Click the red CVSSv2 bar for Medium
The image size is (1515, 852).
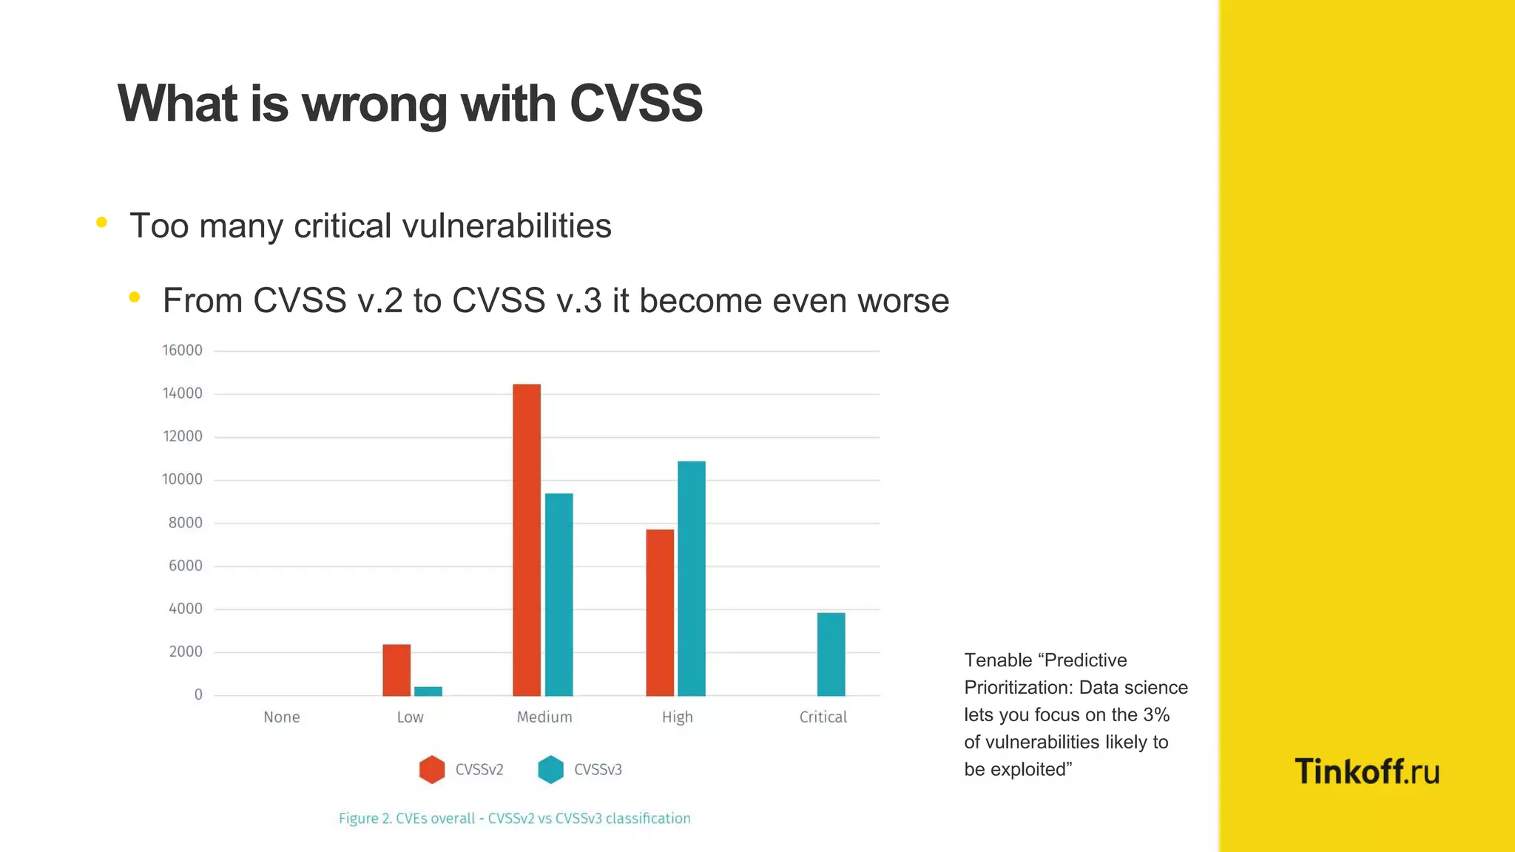tap(527, 540)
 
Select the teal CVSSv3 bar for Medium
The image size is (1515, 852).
tap(559, 595)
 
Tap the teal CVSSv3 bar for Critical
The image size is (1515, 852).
tap(831, 655)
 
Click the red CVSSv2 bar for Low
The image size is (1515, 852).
tap(397, 670)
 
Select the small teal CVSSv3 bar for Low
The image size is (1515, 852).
tap(428, 692)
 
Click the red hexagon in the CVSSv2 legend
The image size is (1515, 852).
tap(432, 769)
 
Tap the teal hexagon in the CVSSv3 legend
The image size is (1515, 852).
tap(550, 769)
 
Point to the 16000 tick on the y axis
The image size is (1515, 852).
tap(182, 351)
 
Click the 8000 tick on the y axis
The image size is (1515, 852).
tap(185, 523)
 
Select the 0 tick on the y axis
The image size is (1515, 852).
tap(198, 695)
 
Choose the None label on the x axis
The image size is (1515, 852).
tap(282, 717)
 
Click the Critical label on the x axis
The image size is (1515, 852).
tap(823, 717)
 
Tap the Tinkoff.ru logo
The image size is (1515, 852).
tap(1367, 771)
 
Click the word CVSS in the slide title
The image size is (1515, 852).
tap(635, 104)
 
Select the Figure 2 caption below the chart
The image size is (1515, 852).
tap(515, 819)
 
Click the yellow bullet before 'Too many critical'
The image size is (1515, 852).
tap(102, 222)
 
